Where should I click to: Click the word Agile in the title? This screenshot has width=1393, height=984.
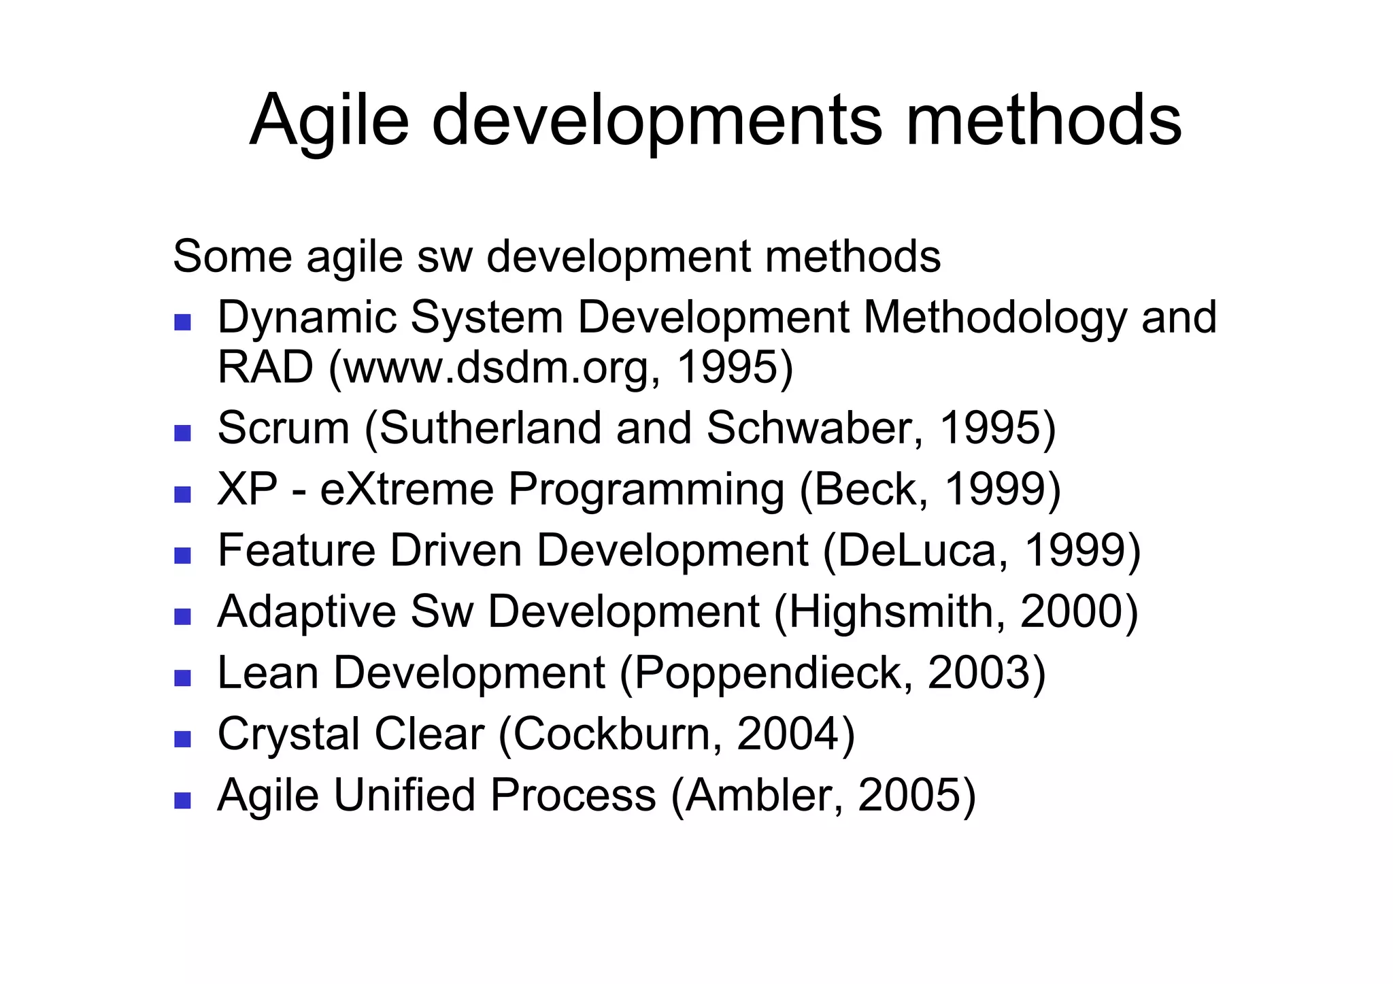(x=329, y=121)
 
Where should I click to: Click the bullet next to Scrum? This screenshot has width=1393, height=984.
(x=182, y=433)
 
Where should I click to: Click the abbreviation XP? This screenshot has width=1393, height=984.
(x=247, y=490)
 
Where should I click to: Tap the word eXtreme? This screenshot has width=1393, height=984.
(x=407, y=490)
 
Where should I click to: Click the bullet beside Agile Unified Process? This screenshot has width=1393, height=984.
(x=182, y=800)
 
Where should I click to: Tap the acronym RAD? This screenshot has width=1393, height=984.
(x=265, y=367)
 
